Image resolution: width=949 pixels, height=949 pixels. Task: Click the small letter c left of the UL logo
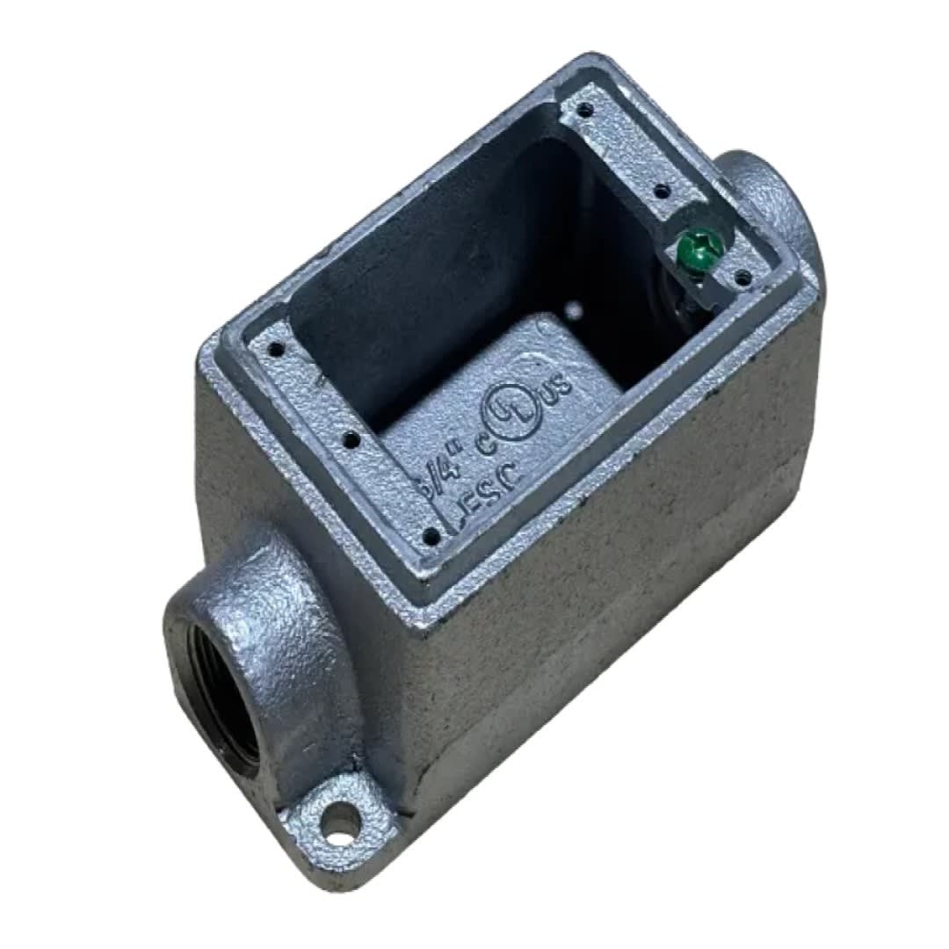[x=482, y=446]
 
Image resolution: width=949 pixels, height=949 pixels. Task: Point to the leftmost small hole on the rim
[x=277, y=349]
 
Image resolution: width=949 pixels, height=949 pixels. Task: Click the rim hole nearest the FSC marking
[x=431, y=533]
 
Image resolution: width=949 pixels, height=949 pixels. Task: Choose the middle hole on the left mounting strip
[x=351, y=437]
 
